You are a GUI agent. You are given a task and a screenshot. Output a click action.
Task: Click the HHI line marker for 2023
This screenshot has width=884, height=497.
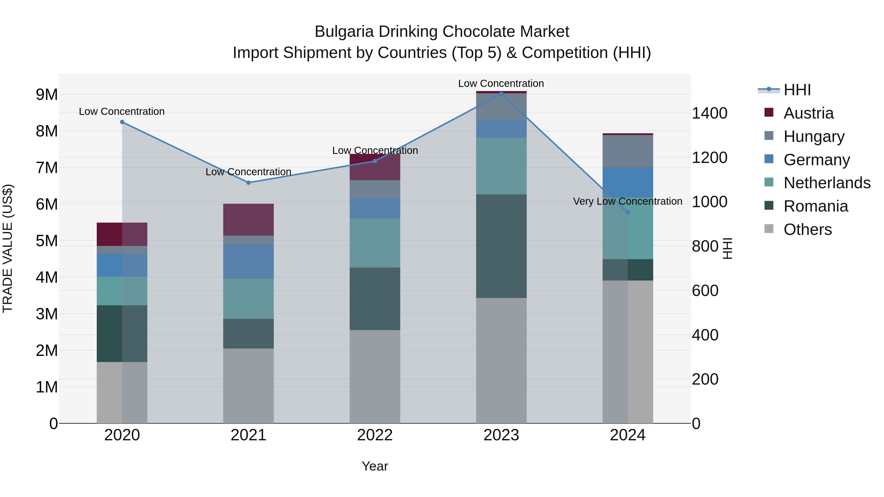pos(501,94)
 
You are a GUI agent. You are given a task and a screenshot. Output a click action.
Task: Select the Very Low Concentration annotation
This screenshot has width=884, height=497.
pos(627,201)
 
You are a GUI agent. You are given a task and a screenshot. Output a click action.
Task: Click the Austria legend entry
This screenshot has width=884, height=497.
pos(808,113)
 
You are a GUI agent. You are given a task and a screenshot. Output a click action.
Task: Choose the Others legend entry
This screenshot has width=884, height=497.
pos(807,229)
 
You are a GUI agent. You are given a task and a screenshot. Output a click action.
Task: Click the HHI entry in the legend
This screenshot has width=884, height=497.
pos(797,90)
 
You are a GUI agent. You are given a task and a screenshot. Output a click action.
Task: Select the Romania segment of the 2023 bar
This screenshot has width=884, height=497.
pos(501,246)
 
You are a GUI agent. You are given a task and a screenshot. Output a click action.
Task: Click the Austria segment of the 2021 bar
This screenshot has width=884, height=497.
pos(249,219)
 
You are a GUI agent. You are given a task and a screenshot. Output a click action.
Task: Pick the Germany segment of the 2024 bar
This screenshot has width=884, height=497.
pos(628,182)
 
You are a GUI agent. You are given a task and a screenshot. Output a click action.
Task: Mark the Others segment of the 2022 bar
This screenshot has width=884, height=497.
pos(375,376)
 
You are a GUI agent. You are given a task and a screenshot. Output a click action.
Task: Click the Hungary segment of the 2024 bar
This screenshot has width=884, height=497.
pos(628,151)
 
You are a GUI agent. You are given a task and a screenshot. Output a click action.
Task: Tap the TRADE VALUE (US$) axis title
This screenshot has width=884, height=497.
pos(8,248)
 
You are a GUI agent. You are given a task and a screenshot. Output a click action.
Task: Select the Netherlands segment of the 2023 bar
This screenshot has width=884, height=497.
pos(501,166)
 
